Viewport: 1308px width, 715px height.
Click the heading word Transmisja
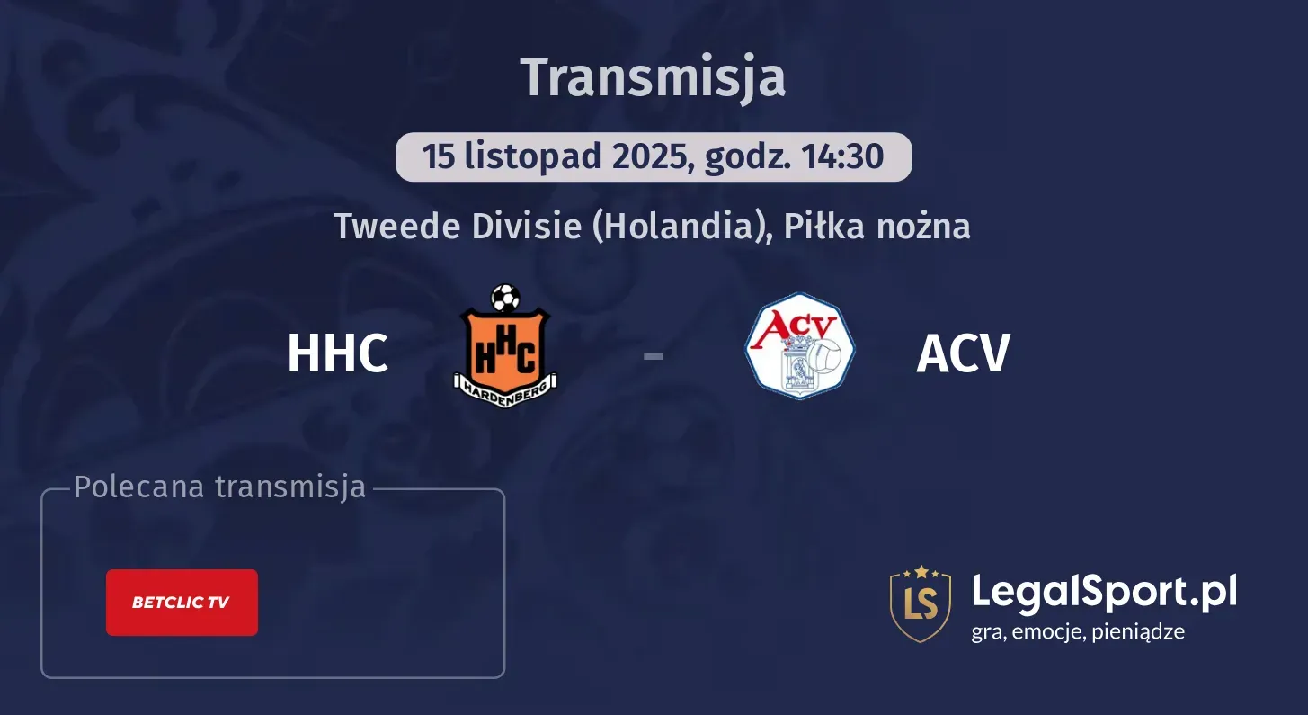coord(654,77)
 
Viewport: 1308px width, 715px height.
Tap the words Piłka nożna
coord(876,226)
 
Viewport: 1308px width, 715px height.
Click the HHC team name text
coord(337,353)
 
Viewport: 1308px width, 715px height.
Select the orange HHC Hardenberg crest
coord(504,346)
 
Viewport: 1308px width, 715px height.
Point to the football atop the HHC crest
coord(505,298)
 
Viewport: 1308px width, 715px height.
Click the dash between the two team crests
coord(654,355)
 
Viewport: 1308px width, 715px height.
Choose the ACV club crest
coord(799,346)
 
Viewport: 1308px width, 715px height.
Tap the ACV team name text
coord(963,353)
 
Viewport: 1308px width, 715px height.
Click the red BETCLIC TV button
coord(182,603)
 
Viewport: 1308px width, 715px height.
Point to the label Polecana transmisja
coord(220,487)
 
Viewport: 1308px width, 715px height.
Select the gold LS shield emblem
coord(920,603)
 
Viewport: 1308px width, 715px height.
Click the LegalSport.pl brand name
coord(1104,592)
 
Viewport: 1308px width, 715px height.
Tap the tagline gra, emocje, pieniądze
coord(1078,631)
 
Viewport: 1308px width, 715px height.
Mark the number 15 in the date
coord(439,156)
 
